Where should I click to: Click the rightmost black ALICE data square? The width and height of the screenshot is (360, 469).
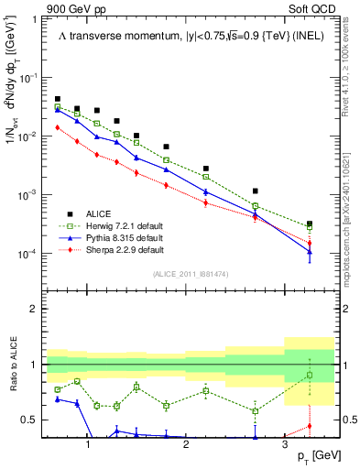[310, 224]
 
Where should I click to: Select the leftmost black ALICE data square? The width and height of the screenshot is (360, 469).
[58, 99]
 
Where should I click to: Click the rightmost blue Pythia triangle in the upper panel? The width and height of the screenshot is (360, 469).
[310, 252]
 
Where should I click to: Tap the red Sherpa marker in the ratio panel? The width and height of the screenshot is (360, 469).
[310, 425]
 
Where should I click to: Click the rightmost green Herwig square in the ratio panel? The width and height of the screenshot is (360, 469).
[310, 375]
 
